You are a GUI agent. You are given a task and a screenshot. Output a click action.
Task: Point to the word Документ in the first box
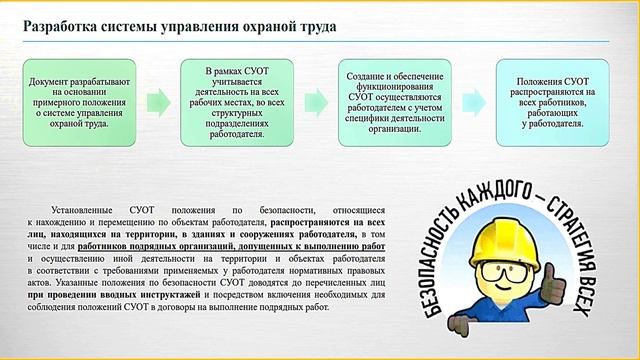(48, 81)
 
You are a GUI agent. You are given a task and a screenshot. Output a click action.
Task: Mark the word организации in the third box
(394, 127)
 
